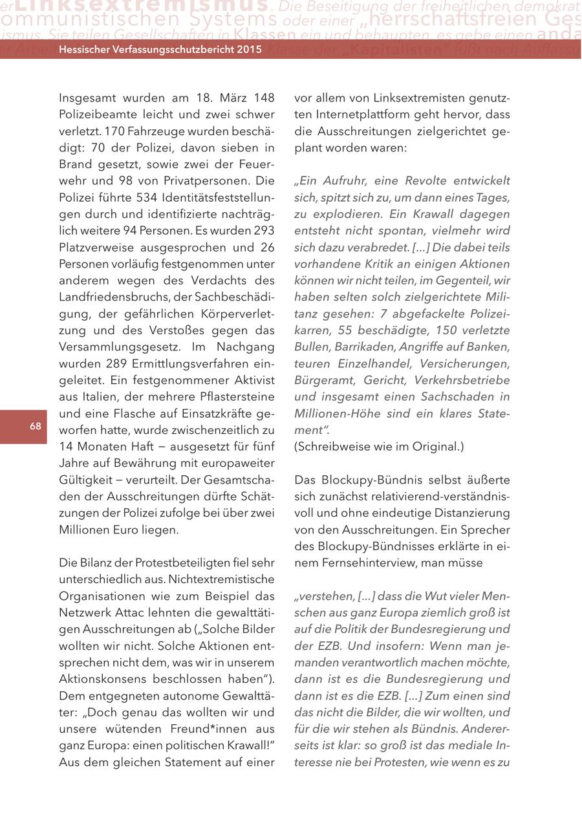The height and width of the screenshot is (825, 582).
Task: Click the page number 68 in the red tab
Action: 35,426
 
